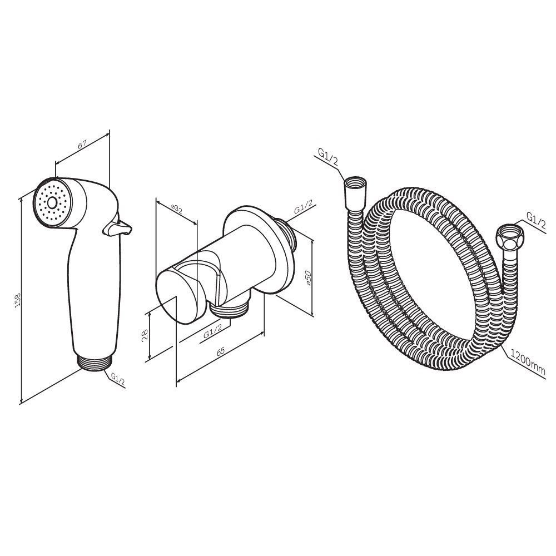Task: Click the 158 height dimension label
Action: tap(18, 300)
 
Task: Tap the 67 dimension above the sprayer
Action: tap(82, 145)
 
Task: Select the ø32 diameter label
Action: tap(176, 209)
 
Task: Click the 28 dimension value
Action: tap(145, 335)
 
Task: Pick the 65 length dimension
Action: tap(220, 351)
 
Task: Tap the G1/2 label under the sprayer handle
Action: tap(117, 379)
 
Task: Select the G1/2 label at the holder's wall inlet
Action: tap(303, 207)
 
